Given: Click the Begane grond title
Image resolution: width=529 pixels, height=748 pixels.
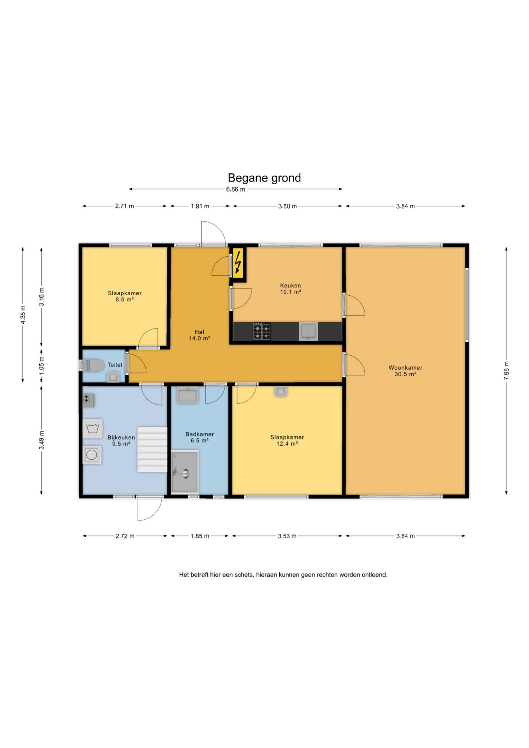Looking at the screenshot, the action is [x=264, y=178].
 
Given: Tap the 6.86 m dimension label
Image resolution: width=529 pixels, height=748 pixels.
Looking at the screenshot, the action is [x=236, y=189].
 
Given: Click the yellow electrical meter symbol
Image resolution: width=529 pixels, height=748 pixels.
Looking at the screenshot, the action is [x=238, y=263].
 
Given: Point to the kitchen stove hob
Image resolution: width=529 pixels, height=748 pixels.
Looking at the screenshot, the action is [x=262, y=331].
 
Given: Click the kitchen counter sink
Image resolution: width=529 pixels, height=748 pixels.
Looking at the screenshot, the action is [x=309, y=332].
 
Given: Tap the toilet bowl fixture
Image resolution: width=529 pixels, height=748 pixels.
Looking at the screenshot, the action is [x=93, y=365].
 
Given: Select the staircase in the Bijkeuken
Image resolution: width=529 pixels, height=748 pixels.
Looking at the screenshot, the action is [x=152, y=450].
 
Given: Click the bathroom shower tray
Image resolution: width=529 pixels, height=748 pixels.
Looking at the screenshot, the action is [x=185, y=472].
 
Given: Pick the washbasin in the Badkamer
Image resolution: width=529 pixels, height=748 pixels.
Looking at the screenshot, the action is [x=188, y=395].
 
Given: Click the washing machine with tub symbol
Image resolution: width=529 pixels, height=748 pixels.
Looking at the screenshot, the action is [x=93, y=429].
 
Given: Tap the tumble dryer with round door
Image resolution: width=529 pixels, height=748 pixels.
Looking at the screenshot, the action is [x=92, y=455].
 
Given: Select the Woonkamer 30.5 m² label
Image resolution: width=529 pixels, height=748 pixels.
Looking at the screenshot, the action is [x=405, y=371].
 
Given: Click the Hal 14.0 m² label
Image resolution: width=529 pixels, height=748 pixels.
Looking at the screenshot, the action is [x=199, y=335].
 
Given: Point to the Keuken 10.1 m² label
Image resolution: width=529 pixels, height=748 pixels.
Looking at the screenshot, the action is [x=291, y=289].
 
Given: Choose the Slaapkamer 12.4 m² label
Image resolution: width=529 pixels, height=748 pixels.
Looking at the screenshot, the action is [x=287, y=440].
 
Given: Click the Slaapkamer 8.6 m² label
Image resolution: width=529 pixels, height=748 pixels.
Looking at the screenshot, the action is [x=125, y=296].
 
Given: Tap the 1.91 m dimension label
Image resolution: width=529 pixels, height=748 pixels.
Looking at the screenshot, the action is [x=200, y=206].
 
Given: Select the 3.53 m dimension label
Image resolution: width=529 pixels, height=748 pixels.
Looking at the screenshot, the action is [x=287, y=536].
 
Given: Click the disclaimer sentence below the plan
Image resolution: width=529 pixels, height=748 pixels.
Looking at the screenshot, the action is [x=283, y=575].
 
